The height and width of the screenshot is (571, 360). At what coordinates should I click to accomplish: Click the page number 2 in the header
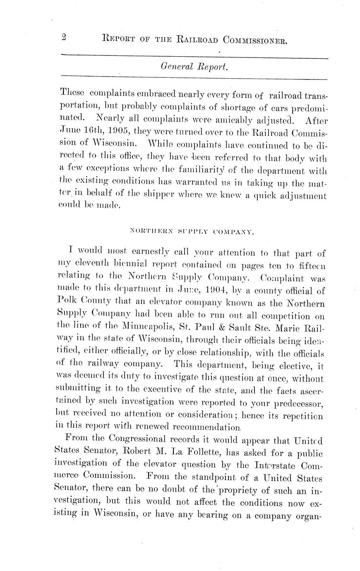[x=64, y=38]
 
